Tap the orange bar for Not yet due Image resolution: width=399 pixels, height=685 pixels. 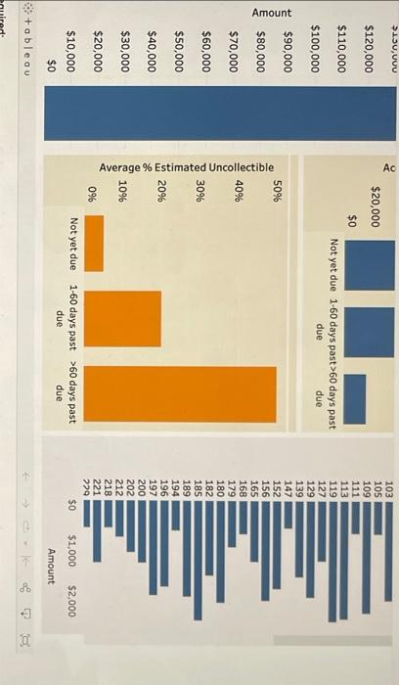(95, 243)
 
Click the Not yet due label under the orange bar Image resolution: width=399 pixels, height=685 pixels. (75, 243)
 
